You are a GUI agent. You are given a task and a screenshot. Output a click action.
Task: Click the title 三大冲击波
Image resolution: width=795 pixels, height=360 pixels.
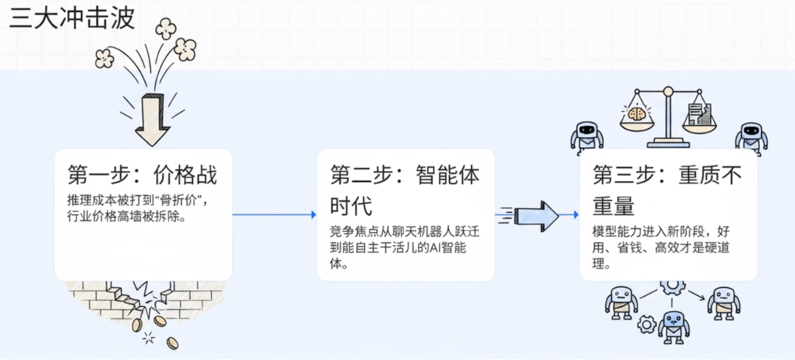click(72, 18)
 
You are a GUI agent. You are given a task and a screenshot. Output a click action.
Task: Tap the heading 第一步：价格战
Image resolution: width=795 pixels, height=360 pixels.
click(142, 176)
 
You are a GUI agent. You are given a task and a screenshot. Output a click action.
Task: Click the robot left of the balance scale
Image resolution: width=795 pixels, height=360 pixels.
click(587, 135)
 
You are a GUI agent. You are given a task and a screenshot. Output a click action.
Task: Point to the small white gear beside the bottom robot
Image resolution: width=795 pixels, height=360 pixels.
click(646, 324)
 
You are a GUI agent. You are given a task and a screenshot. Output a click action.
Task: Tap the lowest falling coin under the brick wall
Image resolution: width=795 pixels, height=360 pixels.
click(172, 342)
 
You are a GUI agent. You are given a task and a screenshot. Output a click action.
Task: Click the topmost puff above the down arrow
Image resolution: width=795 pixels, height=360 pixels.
click(166, 28)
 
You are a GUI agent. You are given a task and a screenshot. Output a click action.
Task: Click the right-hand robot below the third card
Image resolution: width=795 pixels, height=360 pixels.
click(724, 301)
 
